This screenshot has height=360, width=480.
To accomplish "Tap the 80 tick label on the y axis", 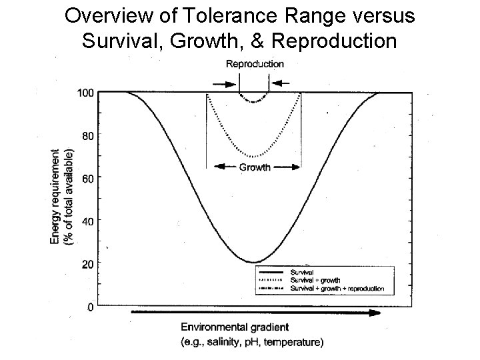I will pos(87,135).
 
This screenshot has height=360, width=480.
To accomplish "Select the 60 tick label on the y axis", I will pos(87,178).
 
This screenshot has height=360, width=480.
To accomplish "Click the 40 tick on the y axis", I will pos(87,221).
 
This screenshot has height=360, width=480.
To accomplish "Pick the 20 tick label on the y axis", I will pos(87,264).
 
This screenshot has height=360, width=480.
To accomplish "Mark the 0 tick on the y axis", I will pos(90,307).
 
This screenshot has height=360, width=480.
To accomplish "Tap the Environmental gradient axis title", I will pos(235,327).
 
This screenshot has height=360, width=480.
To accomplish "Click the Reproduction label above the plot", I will pos(254,64).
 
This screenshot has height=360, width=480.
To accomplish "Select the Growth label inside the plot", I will pos(254,167).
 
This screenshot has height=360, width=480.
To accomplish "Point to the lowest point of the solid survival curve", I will pos(253,262).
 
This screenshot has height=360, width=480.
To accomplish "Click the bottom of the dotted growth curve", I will pos(253,157).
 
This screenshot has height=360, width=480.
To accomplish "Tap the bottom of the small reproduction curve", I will pos(253,102).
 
